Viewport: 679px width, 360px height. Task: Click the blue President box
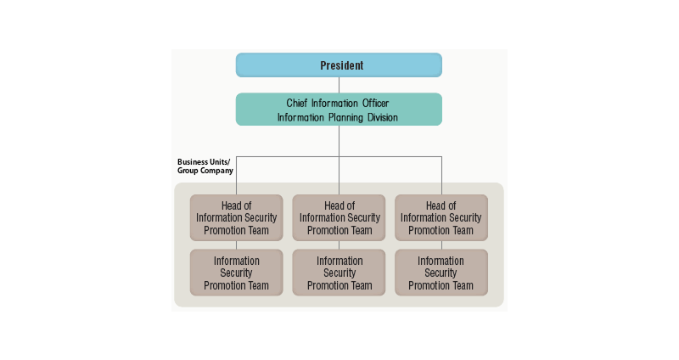tap(339, 65)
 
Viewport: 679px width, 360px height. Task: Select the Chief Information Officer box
tap(339, 110)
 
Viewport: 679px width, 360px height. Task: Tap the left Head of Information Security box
tap(236, 218)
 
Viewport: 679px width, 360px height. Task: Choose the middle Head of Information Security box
tap(339, 218)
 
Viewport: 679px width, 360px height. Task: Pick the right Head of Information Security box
tap(441, 218)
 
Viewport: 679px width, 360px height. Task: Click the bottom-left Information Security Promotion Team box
tap(236, 273)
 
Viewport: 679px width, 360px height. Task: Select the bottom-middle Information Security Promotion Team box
tap(339, 273)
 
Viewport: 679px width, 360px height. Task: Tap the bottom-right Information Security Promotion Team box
tap(441, 273)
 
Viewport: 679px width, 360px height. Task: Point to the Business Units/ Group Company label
tap(205, 166)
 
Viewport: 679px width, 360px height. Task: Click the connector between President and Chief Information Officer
tap(339, 85)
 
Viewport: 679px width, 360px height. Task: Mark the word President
tap(342, 65)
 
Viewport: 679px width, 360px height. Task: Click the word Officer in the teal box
tap(373, 104)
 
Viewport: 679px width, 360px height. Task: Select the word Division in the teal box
tap(379, 117)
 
